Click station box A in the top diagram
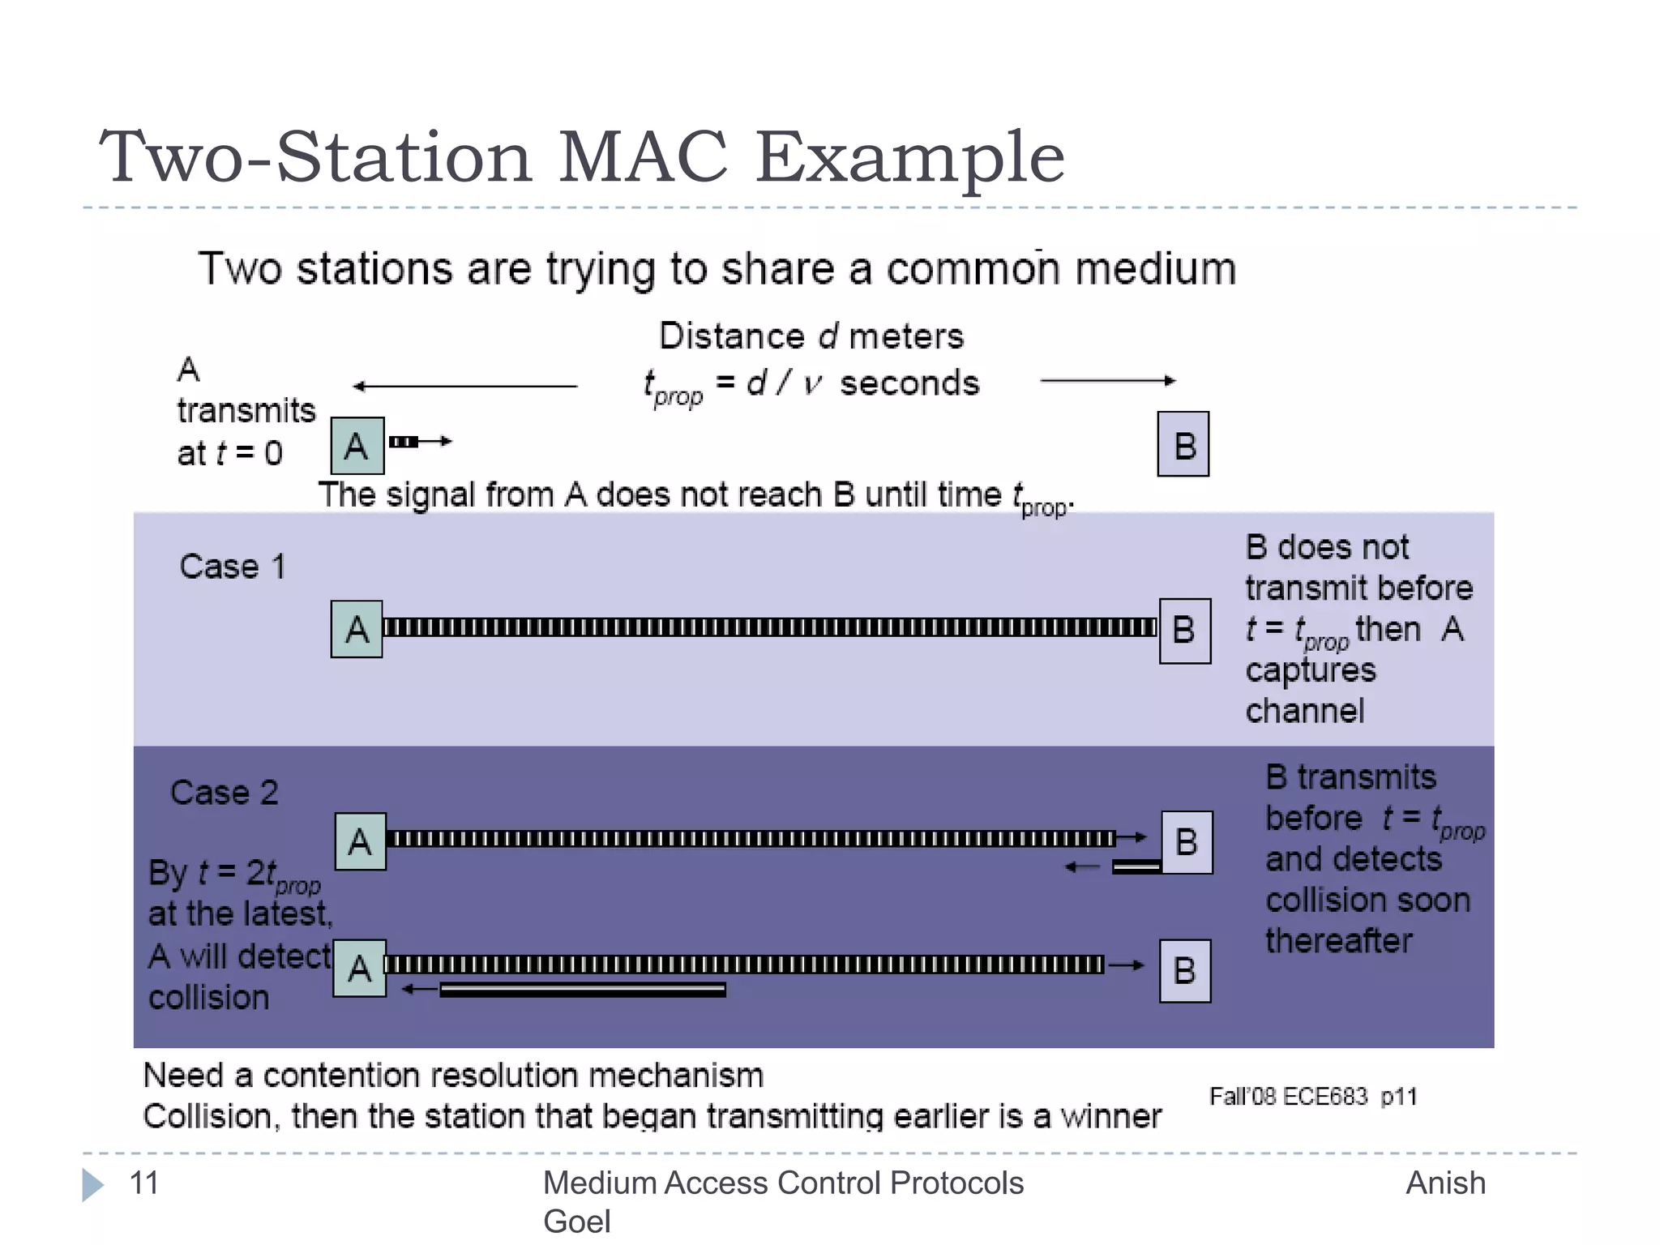click(x=357, y=446)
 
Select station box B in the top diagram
click(x=1183, y=444)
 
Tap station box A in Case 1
click(x=357, y=629)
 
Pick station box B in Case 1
click(x=1184, y=631)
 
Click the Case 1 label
click(x=232, y=567)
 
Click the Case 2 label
click(x=224, y=792)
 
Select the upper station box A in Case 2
click(x=360, y=841)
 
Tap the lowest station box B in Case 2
click(x=1184, y=971)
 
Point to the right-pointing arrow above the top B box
click(x=1107, y=380)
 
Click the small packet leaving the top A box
click(x=404, y=442)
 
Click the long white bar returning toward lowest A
click(x=582, y=990)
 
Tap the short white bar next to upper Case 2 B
click(x=1136, y=867)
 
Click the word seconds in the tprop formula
click(x=909, y=383)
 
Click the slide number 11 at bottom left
click(x=144, y=1183)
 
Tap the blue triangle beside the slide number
click(x=92, y=1184)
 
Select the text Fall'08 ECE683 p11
click(x=1312, y=1097)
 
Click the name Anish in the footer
click(x=1445, y=1183)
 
